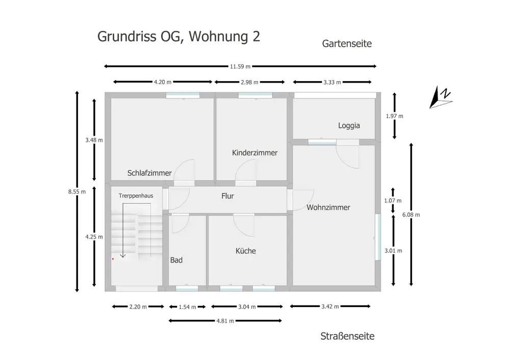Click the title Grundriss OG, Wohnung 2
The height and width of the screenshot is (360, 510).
pos(178,37)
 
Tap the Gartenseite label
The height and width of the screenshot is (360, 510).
pos(347,44)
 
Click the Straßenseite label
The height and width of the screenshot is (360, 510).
pos(347,337)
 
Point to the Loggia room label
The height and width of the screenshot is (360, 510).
pos(349,125)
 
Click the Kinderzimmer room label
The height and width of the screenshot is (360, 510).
pos(254,153)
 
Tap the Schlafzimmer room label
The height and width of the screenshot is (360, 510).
pos(149,173)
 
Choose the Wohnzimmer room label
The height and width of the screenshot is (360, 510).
pos(328,208)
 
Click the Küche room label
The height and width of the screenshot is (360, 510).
pos(245,251)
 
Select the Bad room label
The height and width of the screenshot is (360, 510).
pos(176,260)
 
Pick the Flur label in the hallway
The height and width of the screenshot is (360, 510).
pos(227,196)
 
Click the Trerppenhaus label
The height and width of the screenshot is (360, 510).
pos(136,195)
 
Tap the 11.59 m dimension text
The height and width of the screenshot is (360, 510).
pos(239,66)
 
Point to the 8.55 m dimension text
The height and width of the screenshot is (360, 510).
pos(77,192)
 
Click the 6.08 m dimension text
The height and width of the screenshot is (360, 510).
pos(411,215)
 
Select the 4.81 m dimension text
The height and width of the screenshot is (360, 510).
pos(225,321)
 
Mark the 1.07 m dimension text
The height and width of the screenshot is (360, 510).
pos(393,201)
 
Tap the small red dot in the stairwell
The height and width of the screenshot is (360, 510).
pos(113,259)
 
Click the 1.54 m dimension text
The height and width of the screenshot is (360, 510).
pos(187,307)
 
